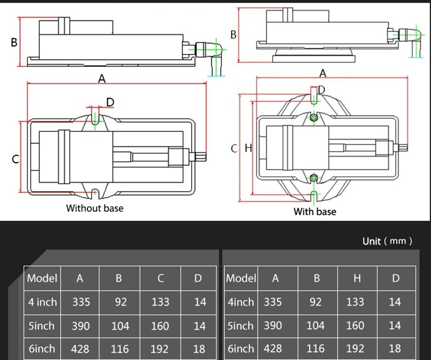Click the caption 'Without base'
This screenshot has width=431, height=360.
coord(94,207)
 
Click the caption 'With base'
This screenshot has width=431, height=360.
coord(315,212)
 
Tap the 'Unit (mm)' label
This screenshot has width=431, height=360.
coord(387,241)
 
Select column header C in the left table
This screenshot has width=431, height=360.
coord(161,278)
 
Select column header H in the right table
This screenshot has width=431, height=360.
coord(355,278)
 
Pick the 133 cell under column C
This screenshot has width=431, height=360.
coord(161,302)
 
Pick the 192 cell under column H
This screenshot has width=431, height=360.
coord(355,349)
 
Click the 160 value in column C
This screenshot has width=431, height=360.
coord(161,326)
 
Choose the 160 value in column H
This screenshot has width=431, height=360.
coord(355,326)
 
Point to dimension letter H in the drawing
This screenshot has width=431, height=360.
coord(248,148)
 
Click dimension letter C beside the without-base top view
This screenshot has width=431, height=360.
coord(16,159)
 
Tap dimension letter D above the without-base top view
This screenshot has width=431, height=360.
coord(110,102)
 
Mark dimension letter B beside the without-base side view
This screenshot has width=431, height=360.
coord(15,42)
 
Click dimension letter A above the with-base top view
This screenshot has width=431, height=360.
coord(323,73)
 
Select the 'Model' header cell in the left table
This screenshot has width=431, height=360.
coord(42,278)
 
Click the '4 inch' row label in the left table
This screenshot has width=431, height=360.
coord(42,302)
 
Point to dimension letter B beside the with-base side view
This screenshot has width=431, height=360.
coord(233,34)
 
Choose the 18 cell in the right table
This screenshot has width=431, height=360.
coord(395,349)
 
